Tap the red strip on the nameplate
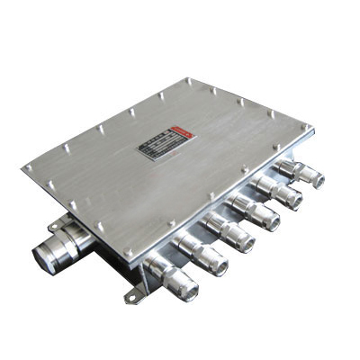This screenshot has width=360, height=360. point(178,132)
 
